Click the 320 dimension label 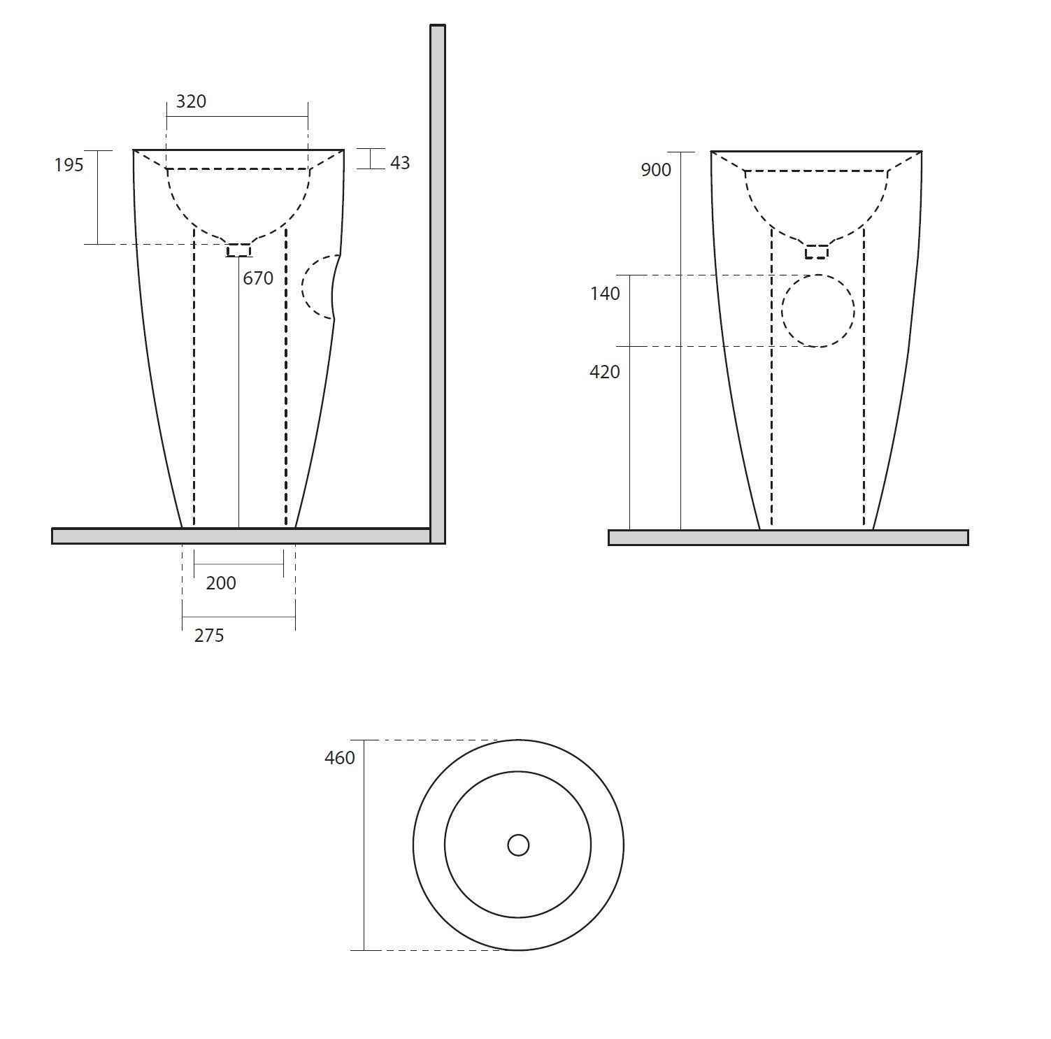click(x=191, y=101)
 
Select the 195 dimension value click(x=69, y=165)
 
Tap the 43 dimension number click(x=400, y=163)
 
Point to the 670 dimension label click(x=258, y=278)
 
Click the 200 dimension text click(x=221, y=583)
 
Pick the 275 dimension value click(x=209, y=636)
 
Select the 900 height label click(x=656, y=170)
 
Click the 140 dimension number click(x=605, y=294)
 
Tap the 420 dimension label click(x=605, y=372)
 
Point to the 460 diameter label click(x=340, y=758)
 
